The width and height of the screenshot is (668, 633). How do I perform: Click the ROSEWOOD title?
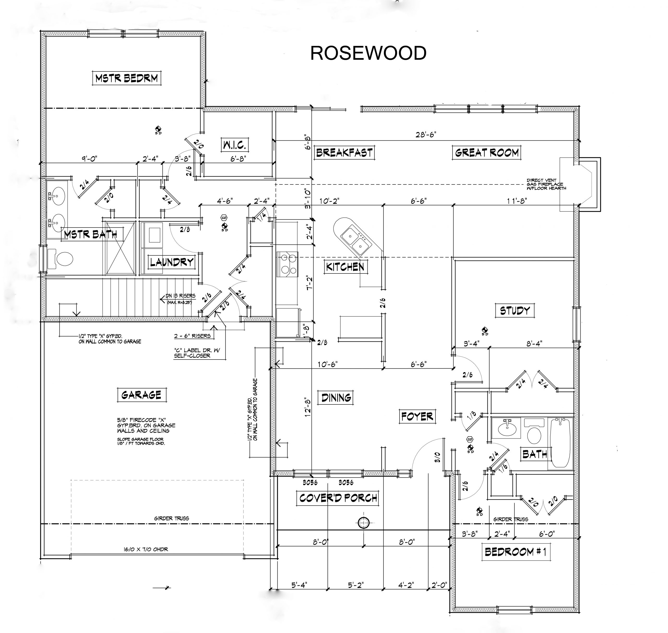coord(368,53)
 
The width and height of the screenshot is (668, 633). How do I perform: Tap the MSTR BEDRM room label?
coord(127,78)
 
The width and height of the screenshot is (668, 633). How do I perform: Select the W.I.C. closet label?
coord(235,145)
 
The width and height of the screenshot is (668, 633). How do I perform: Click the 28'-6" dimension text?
coord(426,134)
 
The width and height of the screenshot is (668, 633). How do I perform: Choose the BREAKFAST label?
coord(344,153)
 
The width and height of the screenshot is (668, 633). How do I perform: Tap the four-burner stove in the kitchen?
coord(287,263)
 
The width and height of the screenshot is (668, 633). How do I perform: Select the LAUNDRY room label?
coord(172,262)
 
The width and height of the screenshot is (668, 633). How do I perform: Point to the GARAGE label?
coord(141,395)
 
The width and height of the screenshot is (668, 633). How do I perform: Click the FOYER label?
coord(417,416)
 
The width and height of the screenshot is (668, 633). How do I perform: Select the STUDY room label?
coord(515,310)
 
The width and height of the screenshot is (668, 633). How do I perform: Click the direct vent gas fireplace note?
coord(546,184)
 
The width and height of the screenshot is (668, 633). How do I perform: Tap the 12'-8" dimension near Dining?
coord(308,407)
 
